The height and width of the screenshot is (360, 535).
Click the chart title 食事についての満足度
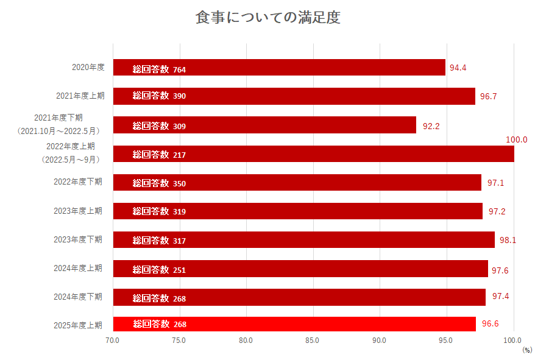pos(267,18)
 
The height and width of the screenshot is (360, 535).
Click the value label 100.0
pos(516,139)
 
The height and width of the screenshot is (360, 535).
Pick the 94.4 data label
pos(458,68)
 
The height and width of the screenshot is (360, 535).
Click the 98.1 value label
pos(508,240)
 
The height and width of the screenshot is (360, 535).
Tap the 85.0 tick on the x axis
pos(313,340)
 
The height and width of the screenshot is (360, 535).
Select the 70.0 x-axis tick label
pos(113,340)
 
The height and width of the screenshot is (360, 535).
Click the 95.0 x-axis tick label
pos(446,340)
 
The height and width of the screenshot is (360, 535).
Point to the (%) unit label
pos(526,350)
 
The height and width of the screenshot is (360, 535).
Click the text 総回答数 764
pos(159,69)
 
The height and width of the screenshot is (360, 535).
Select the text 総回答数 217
pos(159,155)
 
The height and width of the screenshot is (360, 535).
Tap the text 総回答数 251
pos(159,270)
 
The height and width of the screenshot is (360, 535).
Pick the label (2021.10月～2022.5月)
pos(58,130)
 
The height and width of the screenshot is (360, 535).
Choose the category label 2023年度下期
pos(78,239)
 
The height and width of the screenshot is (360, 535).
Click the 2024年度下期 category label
pos(78,297)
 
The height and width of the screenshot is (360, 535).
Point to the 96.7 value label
pos(488,96)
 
